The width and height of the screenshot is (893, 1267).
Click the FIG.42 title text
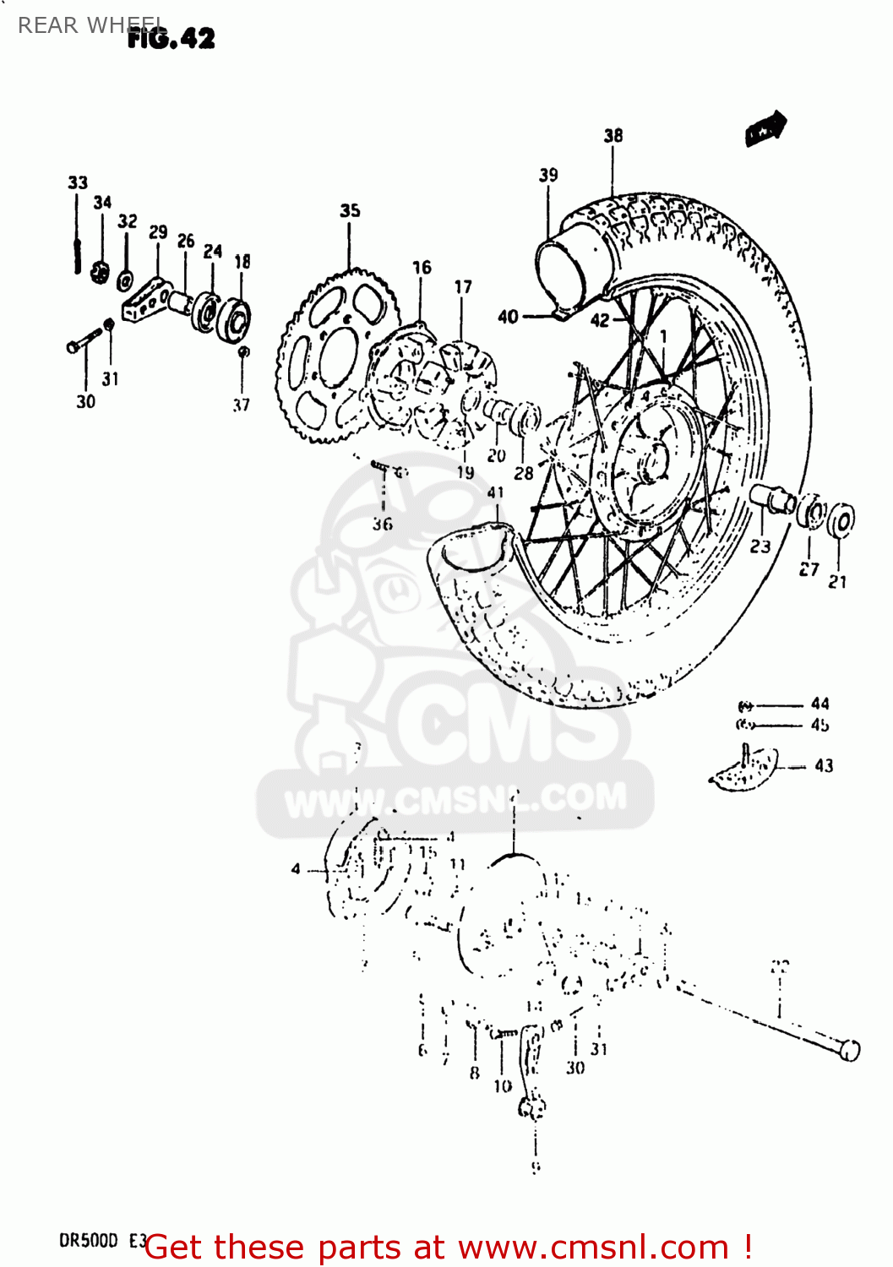click(172, 38)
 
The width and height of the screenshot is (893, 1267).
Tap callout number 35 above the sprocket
click(350, 210)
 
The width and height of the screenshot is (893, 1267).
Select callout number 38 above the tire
click(613, 135)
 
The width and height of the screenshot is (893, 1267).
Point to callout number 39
click(548, 175)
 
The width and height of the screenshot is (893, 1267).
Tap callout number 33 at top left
click(78, 182)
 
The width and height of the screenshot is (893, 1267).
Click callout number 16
click(422, 268)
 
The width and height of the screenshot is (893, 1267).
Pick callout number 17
click(463, 287)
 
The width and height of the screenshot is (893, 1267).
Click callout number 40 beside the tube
click(508, 317)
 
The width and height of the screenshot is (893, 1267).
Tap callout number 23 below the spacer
click(760, 546)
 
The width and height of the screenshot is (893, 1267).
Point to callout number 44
click(819, 704)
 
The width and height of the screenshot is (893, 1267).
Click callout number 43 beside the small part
click(824, 766)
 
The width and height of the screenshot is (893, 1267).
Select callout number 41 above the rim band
click(496, 492)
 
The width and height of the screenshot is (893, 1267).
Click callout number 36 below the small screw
click(383, 525)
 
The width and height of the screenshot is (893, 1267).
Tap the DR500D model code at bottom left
click(89, 1241)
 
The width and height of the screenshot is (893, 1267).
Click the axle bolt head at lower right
click(848, 1049)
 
